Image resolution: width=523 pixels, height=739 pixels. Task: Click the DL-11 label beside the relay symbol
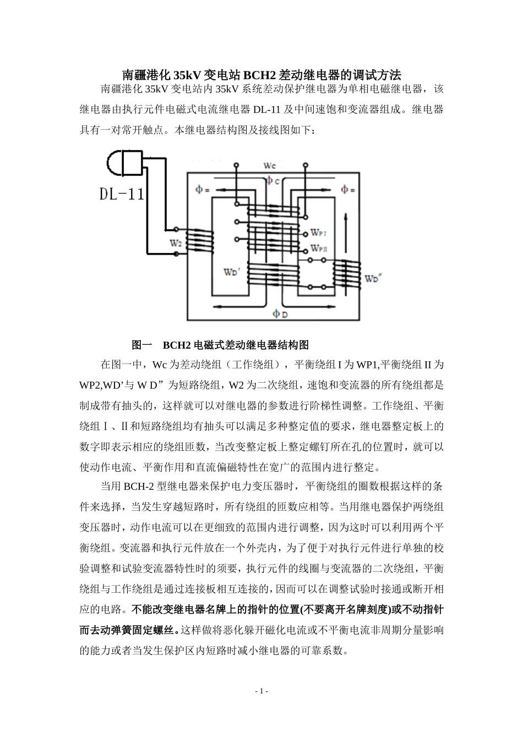[x=121, y=194]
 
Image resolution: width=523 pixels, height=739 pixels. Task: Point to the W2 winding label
[x=176, y=242]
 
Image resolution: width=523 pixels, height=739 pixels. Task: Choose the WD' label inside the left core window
[x=231, y=272]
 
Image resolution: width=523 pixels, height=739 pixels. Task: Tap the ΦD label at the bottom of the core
[x=280, y=314]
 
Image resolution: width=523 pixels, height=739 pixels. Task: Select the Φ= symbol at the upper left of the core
[x=202, y=190]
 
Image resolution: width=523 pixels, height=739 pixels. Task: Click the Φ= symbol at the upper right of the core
[x=347, y=190]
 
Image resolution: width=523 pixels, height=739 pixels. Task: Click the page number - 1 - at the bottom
[x=261, y=691]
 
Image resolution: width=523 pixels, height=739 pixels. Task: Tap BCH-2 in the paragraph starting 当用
[x=143, y=486]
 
